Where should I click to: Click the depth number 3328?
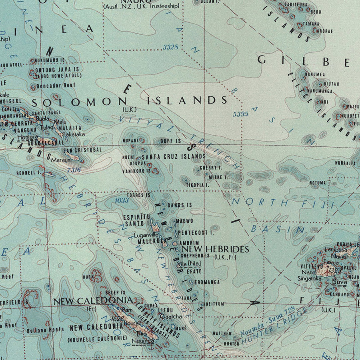pos(170,47)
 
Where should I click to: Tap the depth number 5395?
pos(240,114)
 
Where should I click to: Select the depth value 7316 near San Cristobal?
pos(74,170)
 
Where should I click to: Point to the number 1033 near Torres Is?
pos(122,200)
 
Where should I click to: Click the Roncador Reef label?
pos(56,86)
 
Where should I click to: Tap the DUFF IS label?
pos(170,141)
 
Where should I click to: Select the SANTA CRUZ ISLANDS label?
pos(174,156)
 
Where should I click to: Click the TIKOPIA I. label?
pos(197,185)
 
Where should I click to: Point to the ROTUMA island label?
pos(318,183)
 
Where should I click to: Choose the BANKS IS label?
pos(180,205)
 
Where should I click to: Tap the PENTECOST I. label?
pos(196,232)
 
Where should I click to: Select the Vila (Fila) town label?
pos(188,263)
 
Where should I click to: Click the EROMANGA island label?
pos(208,282)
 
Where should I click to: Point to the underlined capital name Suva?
pos(339,282)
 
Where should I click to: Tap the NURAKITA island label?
pos(345,163)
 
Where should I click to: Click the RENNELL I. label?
pos(29,173)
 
